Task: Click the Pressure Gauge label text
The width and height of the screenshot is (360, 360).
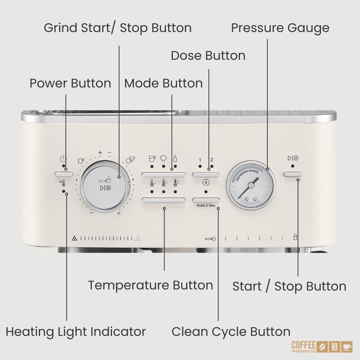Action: click(x=280, y=28)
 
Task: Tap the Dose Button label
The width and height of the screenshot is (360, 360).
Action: click(x=208, y=55)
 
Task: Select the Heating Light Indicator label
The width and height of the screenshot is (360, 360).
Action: click(x=76, y=332)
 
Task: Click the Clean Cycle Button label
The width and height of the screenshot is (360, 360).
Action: click(x=231, y=332)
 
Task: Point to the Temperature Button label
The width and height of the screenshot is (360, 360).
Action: click(x=150, y=285)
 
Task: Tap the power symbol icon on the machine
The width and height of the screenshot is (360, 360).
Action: click(x=63, y=159)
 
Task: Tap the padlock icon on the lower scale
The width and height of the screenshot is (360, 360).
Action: click(x=295, y=237)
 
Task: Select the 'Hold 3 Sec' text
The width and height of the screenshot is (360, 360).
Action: click(x=206, y=205)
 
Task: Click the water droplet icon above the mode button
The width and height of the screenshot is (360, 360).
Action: click(x=175, y=158)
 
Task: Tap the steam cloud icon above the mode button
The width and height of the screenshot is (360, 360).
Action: click(x=163, y=158)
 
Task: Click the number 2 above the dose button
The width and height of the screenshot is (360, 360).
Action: click(x=212, y=159)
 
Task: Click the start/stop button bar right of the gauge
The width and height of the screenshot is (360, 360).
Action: click(x=292, y=174)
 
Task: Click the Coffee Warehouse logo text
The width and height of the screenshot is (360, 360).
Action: click(x=303, y=347)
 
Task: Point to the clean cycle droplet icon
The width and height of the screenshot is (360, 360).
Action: click(x=206, y=183)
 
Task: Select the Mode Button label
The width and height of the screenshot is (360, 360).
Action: click(x=163, y=83)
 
